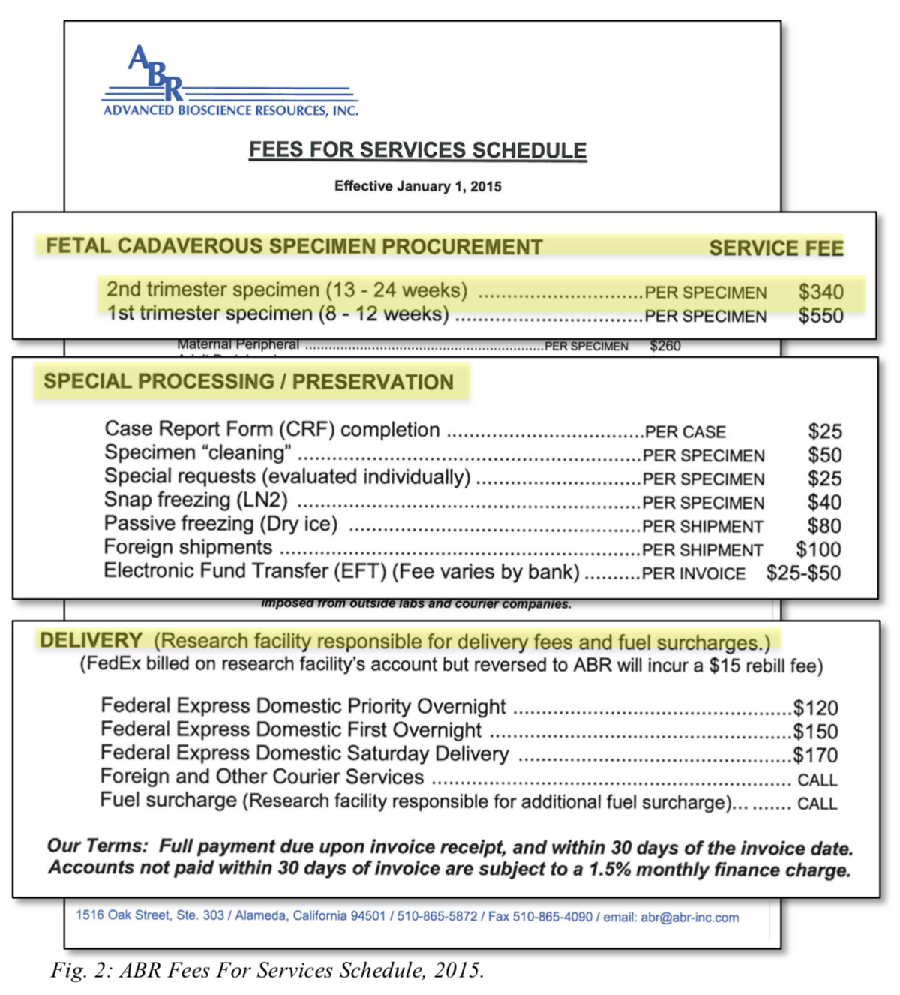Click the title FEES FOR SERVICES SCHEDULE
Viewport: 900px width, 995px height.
tap(418, 150)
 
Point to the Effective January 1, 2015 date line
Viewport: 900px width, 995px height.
tap(418, 186)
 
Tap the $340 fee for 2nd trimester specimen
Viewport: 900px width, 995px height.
tap(820, 292)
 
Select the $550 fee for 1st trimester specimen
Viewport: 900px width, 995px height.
tap(820, 316)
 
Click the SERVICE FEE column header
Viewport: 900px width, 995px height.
tap(775, 248)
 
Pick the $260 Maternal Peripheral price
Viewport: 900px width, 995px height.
tap(664, 346)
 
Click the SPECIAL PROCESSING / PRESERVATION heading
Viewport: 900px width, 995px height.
tap(248, 382)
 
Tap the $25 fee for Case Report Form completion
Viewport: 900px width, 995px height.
tap(824, 431)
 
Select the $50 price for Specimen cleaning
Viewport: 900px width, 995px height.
tap(824, 455)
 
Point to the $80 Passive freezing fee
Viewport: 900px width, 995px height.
tap(824, 526)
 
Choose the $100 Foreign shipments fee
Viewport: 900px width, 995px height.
tap(818, 550)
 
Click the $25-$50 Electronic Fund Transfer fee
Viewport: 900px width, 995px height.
tap(803, 573)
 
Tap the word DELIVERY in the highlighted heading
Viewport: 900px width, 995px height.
tap(91, 640)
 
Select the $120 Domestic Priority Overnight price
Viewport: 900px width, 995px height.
tap(815, 708)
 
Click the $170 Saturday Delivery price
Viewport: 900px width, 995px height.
tap(815, 755)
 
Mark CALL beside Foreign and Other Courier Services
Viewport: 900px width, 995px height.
tap(817, 780)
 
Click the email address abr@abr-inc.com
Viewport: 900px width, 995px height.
tap(689, 918)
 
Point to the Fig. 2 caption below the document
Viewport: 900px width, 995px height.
tap(267, 971)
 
